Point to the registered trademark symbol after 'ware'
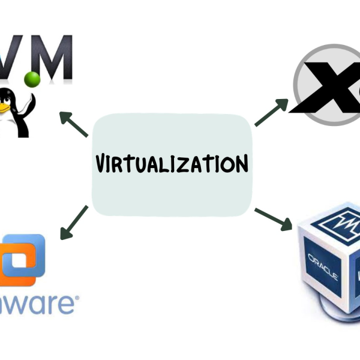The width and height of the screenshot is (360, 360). (x=75, y=296)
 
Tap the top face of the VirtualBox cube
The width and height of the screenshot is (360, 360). (x=336, y=222)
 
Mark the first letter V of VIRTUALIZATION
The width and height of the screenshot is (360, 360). (x=102, y=163)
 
